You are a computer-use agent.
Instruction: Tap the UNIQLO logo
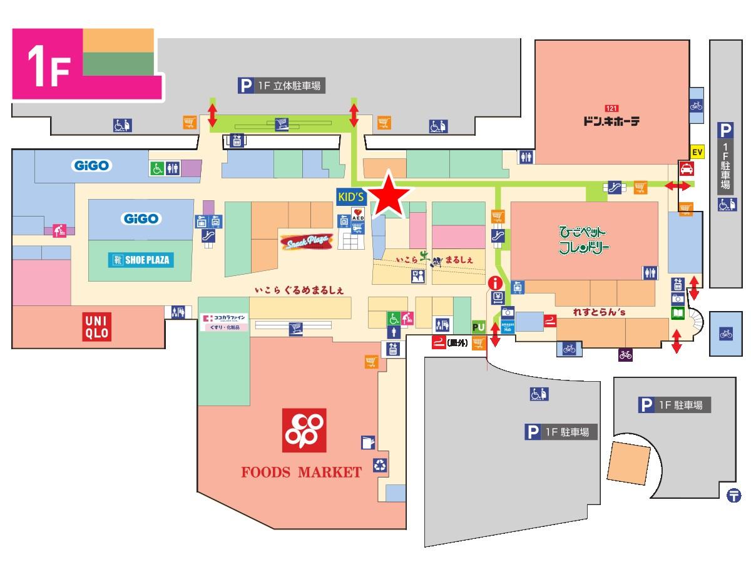tap(97, 327)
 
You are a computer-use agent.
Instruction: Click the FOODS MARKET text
tap(302, 472)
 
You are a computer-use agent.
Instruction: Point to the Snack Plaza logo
tap(305, 242)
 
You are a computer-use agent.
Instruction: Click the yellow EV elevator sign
tap(697, 151)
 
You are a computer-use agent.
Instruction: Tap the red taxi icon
tap(687, 168)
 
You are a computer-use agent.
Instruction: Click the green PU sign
tap(479, 327)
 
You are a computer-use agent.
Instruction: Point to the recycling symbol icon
tap(381, 465)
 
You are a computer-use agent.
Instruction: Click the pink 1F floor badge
tap(48, 64)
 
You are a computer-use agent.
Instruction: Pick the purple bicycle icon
tap(625, 355)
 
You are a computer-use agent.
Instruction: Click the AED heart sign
tap(357, 215)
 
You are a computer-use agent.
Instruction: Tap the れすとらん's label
tap(600, 311)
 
